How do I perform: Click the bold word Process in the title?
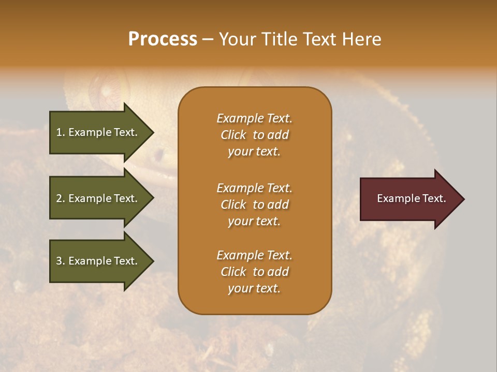(x=163, y=39)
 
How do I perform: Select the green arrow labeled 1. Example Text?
(x=98, y=132)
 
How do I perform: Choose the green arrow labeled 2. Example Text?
(x=98, y=198)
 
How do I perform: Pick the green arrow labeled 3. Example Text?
(x=98, y=261)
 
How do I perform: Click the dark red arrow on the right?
(x=409, y=199)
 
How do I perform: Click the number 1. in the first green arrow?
(x=61, y=132)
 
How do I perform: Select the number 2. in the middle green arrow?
(x=61, y=198)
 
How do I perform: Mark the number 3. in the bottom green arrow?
(x=61, y=261)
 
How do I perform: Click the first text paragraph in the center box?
(x=254, y=135)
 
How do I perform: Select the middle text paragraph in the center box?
(x=254, y=205)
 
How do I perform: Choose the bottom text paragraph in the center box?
(x=254, y=272)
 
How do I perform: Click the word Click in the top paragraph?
(x=233, y=135)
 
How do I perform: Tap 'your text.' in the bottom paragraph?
(x=254, y=288)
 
